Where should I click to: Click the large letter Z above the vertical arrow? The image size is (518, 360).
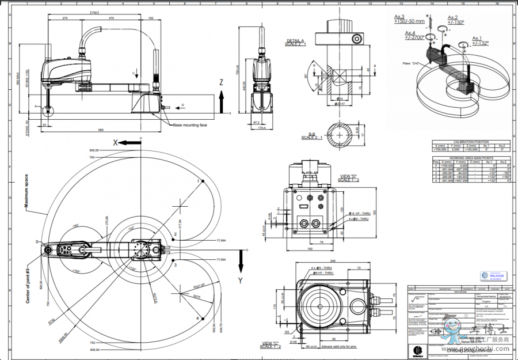[220, 82]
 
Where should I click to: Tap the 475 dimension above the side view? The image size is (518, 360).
[111, 18]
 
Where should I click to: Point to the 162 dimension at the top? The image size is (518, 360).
[151, 18]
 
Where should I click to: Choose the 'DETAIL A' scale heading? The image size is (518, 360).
[296, 42]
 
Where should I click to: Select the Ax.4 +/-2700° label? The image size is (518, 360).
[414, 35]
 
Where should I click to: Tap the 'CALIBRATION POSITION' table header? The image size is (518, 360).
[471, 142]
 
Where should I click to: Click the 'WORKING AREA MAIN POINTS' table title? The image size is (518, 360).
[471, 157]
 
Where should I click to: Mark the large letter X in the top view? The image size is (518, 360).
[116, 142]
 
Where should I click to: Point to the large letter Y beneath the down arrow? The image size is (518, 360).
[241, 281]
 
